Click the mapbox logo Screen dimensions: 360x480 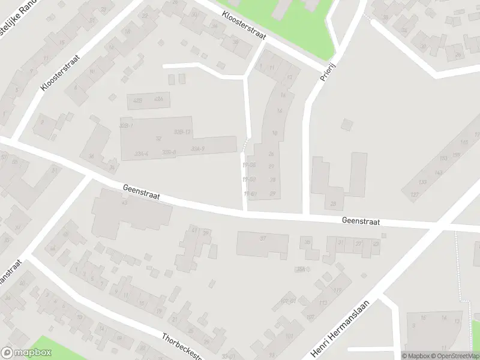click(26, 353)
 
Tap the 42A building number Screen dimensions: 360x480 click(158, 99)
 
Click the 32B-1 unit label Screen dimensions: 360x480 click(126, 125)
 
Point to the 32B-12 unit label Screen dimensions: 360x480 click(182, 131)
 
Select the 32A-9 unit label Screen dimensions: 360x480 click(198, 148)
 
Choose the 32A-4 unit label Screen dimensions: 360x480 click(142, 153)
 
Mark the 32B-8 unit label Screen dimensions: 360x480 click(169, 152)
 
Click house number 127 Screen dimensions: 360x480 click(414, 194)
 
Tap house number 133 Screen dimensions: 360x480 click(422, 182)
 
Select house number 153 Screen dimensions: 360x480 click(443, 158)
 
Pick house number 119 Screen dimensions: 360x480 click(338, 290)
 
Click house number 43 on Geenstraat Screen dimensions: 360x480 click(125, 203)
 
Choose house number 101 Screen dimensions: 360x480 click(290, 336)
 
